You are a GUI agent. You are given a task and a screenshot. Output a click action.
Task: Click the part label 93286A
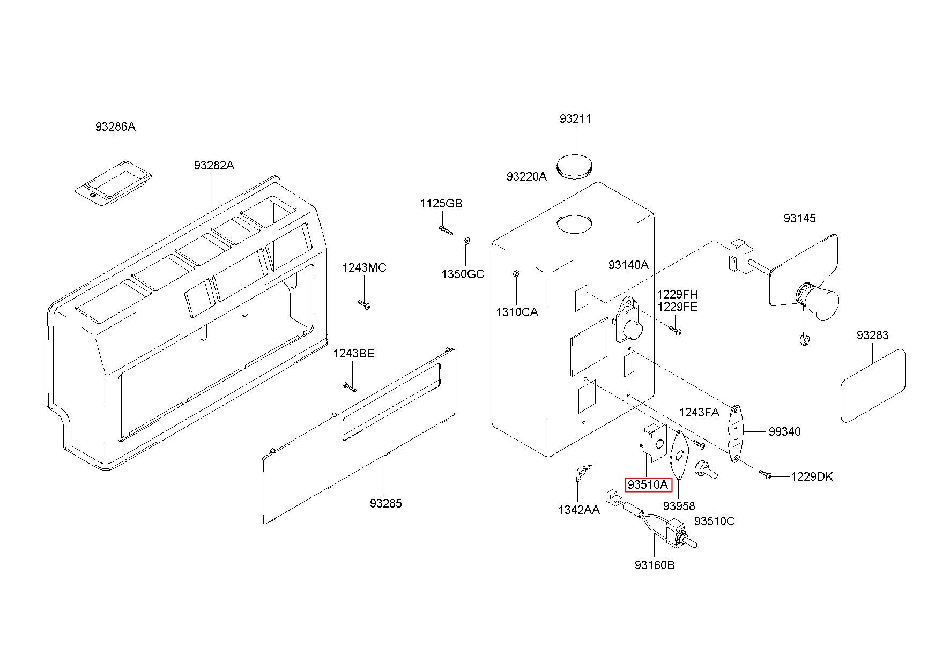[x=115, y=127]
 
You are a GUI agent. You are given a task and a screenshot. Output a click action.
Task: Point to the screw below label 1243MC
[x=365, y=304]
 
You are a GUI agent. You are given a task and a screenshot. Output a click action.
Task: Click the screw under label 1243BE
[x=349, y=387]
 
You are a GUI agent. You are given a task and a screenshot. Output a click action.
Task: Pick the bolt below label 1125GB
[x=446, y=230]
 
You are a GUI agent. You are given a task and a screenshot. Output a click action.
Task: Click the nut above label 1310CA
[x=516, y=274]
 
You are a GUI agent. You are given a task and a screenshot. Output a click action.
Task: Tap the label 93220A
[x=526, y=176]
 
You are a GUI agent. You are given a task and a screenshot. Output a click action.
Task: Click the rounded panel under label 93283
[x=873, y=385]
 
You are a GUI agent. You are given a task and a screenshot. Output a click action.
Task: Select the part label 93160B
[x=655, y=565]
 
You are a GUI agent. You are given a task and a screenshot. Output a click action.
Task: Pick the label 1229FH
[x=678, y=294]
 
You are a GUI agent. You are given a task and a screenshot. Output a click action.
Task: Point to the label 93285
[x=385, y=503]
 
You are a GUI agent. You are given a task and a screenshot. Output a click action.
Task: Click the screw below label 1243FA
[x=699, y=444]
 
